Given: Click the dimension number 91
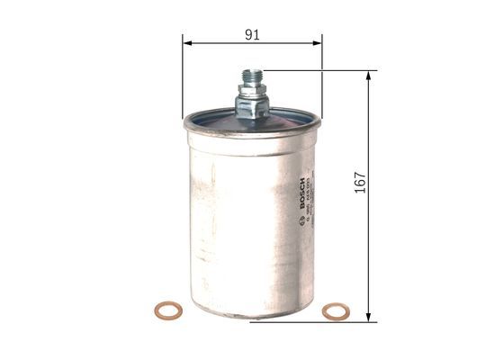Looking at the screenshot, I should (252, 34).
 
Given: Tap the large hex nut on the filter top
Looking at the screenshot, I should (251, 107).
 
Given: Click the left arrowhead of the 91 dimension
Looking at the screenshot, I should (187, 41).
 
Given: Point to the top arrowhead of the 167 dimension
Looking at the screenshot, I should (369, 76).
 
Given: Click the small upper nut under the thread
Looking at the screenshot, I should (251, 89).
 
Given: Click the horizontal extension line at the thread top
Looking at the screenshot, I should (315, 70).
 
